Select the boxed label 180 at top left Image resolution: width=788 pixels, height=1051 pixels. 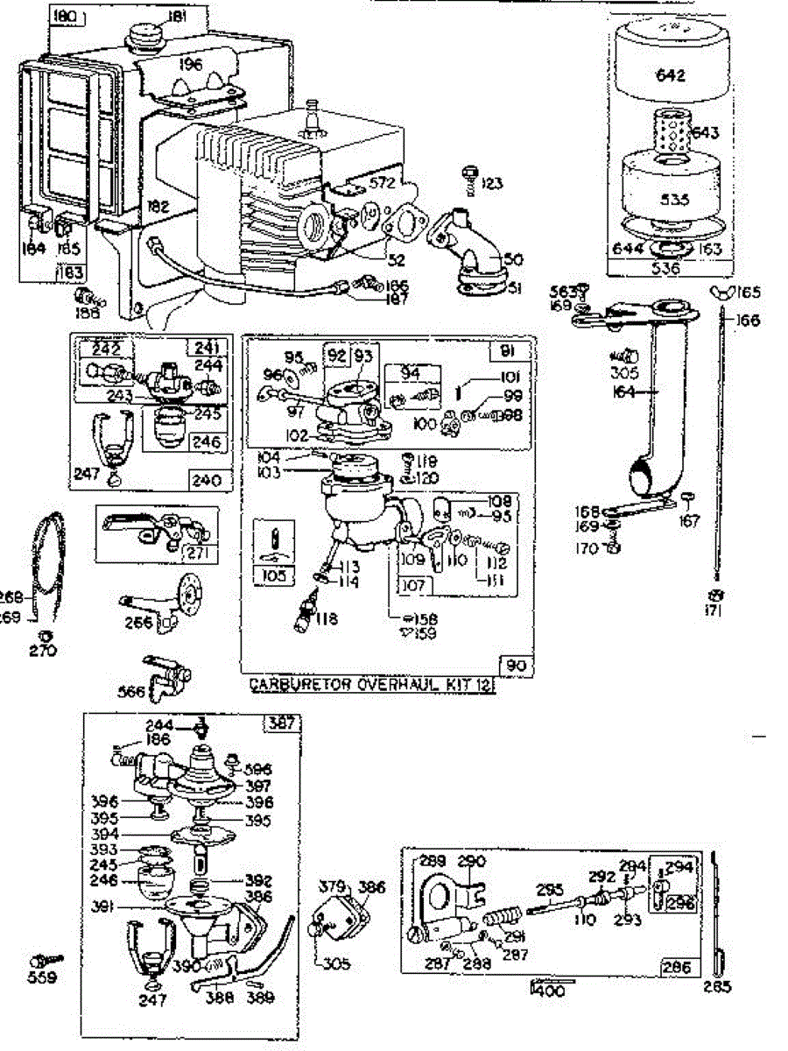tap(65, 16)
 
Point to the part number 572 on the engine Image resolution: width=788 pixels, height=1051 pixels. tap(382, 183)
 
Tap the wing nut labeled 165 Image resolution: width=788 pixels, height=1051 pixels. tap(726, 293)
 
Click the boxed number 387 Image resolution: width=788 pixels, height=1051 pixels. tap(283, 723)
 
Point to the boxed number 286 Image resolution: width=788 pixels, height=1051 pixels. tap(678, 967)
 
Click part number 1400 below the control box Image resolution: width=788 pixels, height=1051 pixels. tap(547, 991)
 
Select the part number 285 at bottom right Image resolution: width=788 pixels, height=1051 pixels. tap(718, 987)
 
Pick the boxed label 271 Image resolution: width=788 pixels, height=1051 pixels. tap(193, 554)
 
